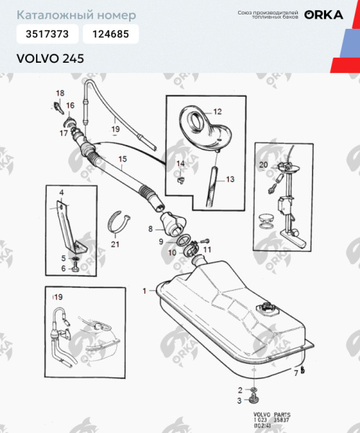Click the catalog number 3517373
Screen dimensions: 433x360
[x=48, y=34]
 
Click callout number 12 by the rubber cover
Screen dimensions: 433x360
[x=217, y=111]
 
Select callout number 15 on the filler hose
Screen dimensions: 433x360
[x=122, y=159]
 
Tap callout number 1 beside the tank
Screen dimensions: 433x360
[x=144, y=290]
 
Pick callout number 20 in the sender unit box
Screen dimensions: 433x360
[x=263, y=165]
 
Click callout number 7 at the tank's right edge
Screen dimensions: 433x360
[x=294, y=372]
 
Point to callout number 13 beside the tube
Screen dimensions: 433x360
[x=230, y=179]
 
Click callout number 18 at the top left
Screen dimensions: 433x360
[x=61, y=93]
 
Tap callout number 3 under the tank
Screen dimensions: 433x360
[x=240, y=400]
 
